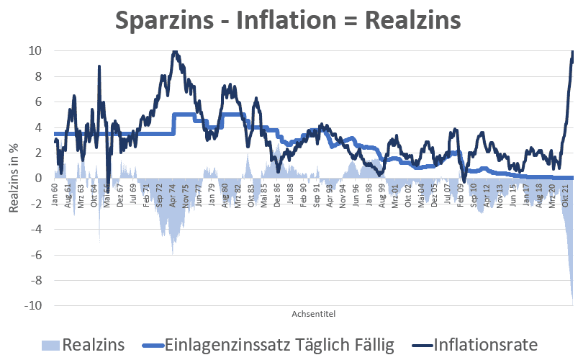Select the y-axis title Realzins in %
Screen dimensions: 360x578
coord(14,178)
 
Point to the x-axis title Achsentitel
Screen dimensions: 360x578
coord(314,314)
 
